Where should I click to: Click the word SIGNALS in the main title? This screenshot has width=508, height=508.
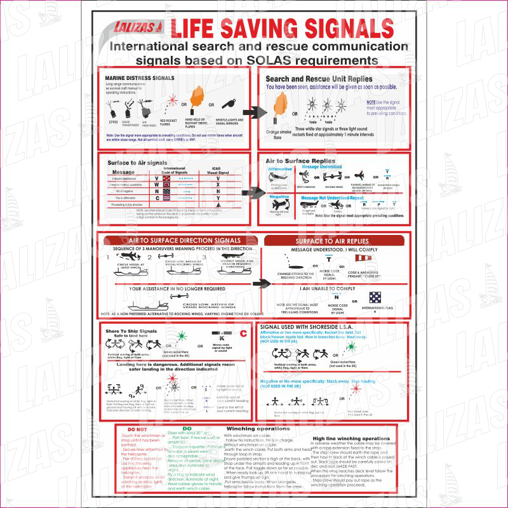[x=335, y=27]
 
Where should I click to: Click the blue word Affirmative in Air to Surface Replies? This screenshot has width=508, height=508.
[x=280, y=170]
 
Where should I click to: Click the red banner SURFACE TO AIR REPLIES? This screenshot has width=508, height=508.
[x=336, y=241]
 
